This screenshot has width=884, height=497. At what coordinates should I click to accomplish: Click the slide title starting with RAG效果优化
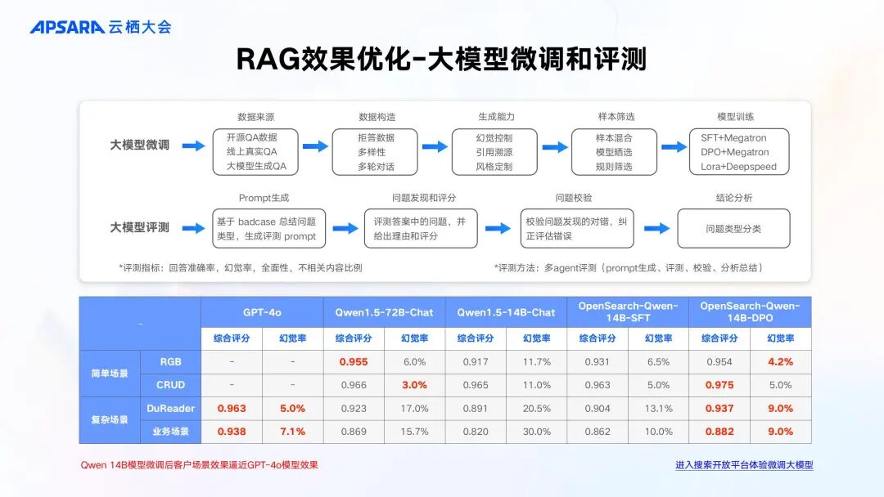pos(441,59)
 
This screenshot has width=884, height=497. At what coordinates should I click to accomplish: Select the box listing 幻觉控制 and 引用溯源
pos(494,151)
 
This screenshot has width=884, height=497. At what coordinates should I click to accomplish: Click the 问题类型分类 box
pos(733,229)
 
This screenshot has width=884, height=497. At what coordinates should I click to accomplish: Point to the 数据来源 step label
pos(255,117)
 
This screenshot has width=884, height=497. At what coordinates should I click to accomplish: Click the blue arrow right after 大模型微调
pos(194,146)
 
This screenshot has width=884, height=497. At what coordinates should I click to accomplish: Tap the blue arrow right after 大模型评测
pos(194,227)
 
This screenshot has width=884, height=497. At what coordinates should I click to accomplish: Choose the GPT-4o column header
pos(262,312)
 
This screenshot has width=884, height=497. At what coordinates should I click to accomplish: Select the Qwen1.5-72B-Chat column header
pos(384,312)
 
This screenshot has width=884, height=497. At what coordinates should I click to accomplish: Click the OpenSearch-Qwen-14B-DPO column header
pos(750,312)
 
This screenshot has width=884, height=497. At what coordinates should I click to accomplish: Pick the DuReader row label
pos(170,408)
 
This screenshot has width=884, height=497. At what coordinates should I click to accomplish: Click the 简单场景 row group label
pos(110,373)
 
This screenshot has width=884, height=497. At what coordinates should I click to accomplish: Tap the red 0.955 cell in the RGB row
pos(353,362)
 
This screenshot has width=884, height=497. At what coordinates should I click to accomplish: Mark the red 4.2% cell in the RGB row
pos(780,362)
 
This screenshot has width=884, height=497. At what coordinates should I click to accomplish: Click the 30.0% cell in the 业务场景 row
pos(536,432)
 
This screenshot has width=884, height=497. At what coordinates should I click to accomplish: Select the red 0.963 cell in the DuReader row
pos(232,408)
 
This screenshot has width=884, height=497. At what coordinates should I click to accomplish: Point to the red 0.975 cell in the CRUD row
pos(719,385)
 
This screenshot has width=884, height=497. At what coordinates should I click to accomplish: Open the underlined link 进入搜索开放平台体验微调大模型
pos(744,465)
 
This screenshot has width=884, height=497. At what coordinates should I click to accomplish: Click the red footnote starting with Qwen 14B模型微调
pos(199,465)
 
